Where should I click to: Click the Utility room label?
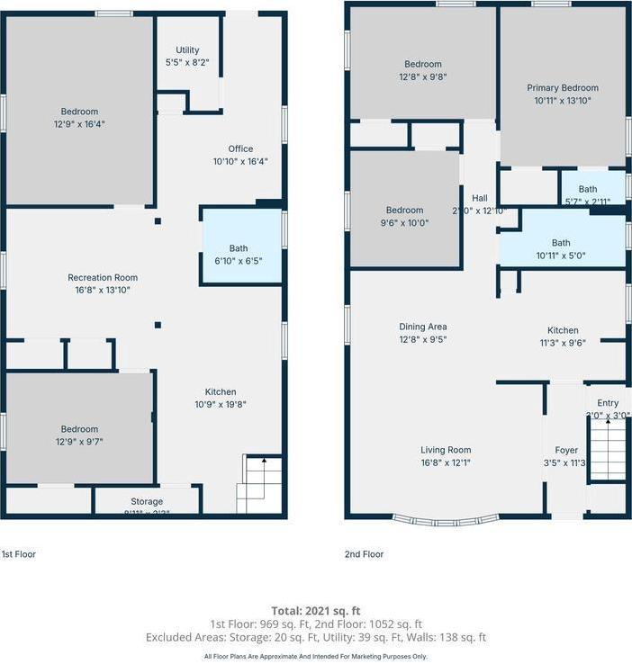tap(188, 50)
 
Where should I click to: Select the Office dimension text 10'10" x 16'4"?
tap(239, 162)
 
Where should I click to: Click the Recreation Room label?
tap(103, 278)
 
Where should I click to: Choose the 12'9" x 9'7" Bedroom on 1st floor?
tap(79, 429)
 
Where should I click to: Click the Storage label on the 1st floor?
tap(147, 501)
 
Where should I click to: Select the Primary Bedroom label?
tap(562, 88)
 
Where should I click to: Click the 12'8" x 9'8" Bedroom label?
tap(422, 65)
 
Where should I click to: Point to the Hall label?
tap(479, 199)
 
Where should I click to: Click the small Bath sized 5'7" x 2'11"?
tap(588, 189)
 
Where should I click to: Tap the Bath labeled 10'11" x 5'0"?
tap(561, 243)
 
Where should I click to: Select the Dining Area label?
tap(423, 327)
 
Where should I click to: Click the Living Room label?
tap(446, 450)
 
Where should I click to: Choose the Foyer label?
tap(566, 450)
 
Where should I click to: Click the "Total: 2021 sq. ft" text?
tap(316, 611)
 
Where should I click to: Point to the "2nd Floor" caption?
tap(364, 554)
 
